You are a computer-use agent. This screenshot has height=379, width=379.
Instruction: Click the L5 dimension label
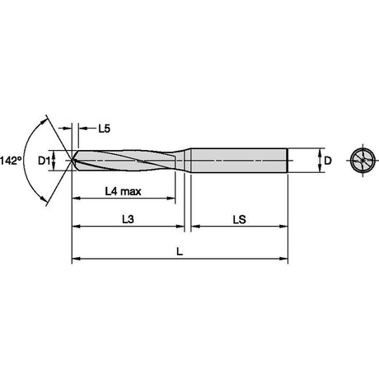[104, 129]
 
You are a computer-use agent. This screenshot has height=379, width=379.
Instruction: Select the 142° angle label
[11, 161]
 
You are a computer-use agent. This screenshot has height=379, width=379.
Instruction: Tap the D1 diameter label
[44, 161]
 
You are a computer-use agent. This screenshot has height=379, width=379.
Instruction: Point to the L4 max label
[123, 191]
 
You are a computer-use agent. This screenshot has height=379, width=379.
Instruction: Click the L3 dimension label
[128, 219]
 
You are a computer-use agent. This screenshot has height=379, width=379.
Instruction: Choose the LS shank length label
[240, 220]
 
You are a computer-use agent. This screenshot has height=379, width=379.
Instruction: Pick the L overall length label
[180, 251]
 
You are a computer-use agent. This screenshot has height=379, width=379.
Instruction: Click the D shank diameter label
[328, 161]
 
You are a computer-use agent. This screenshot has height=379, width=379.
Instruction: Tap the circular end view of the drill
[363, 160]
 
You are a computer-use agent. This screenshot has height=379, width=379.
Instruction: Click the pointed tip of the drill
[72, 161]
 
